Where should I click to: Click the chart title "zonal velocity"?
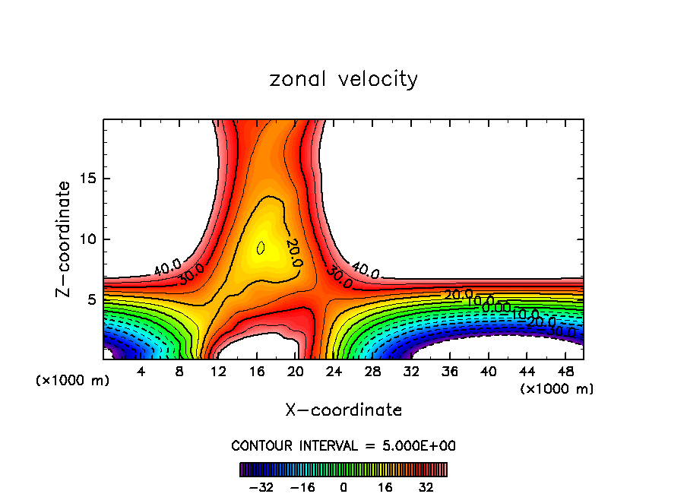tap(343, 79)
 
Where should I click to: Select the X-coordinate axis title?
tap(343, 410)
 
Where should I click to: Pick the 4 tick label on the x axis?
tap(141, 372)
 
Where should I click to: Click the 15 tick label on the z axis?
tap(90, 179)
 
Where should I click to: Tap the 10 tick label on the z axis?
tap(90, 239)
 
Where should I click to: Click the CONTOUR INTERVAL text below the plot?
tap(343, 445)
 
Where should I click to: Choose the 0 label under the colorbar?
tap(343, 486)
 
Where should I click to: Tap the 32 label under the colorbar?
tap(426, 486)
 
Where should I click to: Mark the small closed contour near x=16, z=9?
tap(261, 248)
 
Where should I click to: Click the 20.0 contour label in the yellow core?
tap(294, 252)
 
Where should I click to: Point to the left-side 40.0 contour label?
tap(167, 267)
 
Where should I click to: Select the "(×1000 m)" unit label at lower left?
tap(73, 381)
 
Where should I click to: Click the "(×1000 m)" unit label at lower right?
tap(557, 389)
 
